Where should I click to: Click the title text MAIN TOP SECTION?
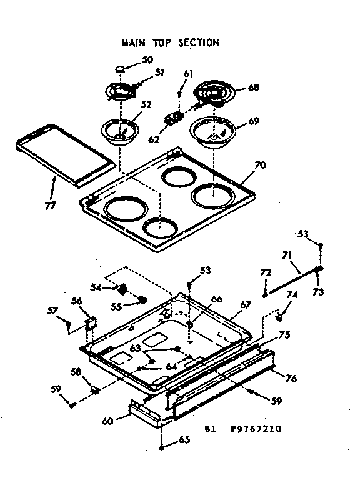click(x=169, y=43)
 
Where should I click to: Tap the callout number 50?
click(x=147, y=59)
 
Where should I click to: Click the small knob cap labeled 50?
click(x=122, y=69)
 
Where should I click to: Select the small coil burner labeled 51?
click(x=122, y=91)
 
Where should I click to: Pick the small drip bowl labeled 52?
click(x=120, y=131)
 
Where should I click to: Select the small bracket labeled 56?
click(x=91, y=322)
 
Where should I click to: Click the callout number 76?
click(x=291, y=378)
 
